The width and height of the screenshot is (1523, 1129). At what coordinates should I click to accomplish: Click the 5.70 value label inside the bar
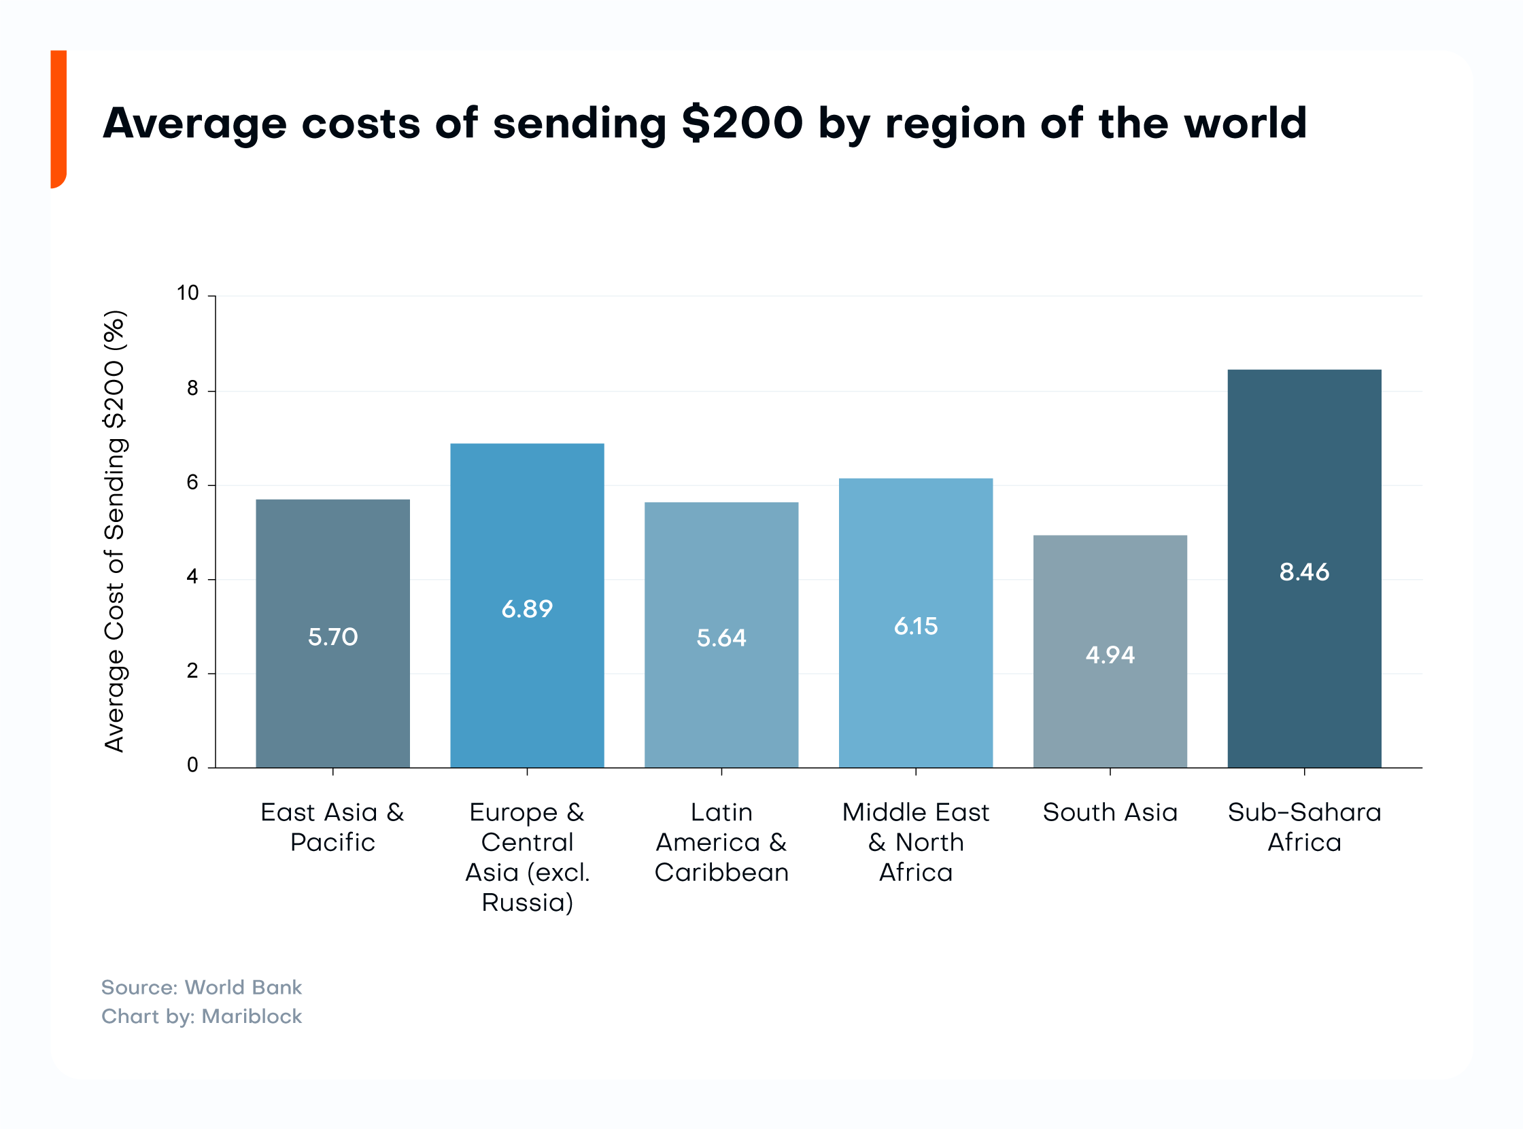point(332,637)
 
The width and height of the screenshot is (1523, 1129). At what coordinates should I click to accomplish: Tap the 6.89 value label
point(527,609)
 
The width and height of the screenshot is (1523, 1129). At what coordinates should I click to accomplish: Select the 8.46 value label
point(1304,572)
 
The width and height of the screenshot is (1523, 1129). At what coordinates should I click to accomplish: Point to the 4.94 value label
point(1110,655)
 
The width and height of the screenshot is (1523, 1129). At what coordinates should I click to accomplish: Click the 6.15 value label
point(916,626)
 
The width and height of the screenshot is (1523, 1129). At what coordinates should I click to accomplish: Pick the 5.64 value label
point(721,638)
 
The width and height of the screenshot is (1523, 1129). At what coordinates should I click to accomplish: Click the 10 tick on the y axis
point(187,293)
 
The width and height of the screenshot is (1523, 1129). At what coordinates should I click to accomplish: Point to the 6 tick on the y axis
point(192,483)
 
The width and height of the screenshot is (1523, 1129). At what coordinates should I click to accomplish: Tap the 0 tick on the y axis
point(192,765)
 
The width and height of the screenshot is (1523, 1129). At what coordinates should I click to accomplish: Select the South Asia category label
point(1110,812)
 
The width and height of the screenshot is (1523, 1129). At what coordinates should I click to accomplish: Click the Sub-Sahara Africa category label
point(1304,827)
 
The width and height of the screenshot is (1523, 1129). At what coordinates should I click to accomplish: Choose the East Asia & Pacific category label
point(332,827)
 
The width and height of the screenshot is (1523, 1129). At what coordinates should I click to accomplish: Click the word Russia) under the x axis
point(527,903)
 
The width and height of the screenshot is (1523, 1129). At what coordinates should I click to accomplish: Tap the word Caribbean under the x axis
point(721,873)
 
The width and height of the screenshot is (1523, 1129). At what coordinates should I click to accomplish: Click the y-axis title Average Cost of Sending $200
point(115,532)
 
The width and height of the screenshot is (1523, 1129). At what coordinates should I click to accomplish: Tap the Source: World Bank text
point(201,988)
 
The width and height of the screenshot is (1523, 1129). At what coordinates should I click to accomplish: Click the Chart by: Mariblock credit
point(201,1017)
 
